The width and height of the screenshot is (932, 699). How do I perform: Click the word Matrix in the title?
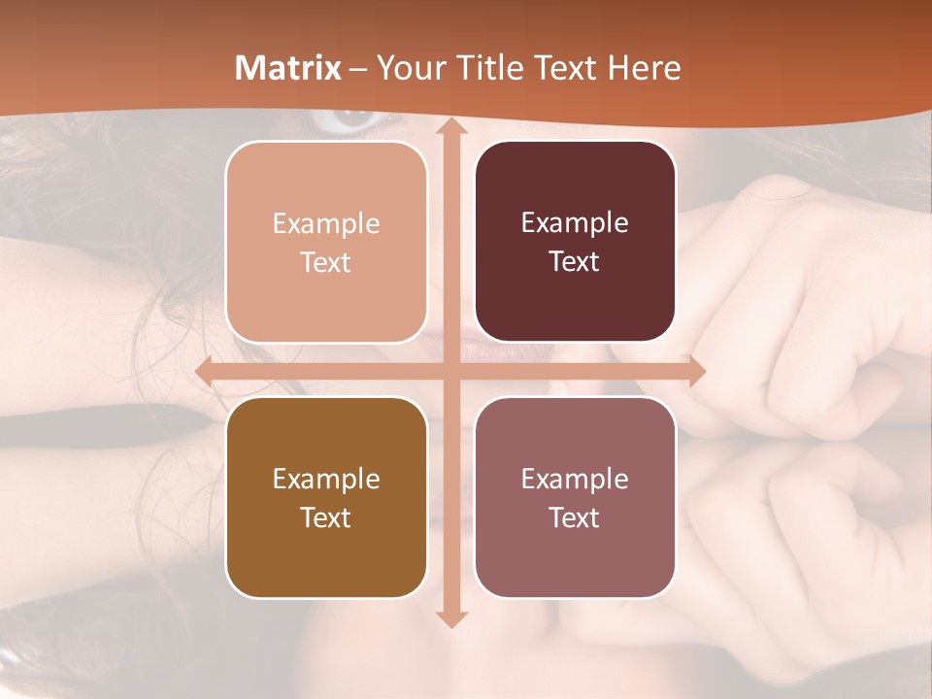tap(288, 68)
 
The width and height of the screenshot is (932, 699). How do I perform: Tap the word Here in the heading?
tap(644, 68)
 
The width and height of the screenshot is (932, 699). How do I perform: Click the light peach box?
tap(326, 242)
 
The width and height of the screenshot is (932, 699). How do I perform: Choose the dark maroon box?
tap(575, 242)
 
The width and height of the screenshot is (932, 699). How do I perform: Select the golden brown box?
tap(326, 497)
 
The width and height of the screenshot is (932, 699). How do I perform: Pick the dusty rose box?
tap(575, 497)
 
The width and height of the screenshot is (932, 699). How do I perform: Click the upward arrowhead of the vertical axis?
tap(450, 127)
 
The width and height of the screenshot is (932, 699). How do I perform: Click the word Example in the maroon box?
tap(575, 223)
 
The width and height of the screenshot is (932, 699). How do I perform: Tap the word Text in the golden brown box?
tap(326, 517)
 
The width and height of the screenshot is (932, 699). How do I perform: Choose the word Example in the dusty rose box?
tap(575, 479)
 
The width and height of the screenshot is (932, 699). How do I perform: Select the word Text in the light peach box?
tap(326, 262)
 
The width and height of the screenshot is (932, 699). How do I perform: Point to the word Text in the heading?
tap(564, 68)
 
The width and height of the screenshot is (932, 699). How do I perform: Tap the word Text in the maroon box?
tap(575, 262)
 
